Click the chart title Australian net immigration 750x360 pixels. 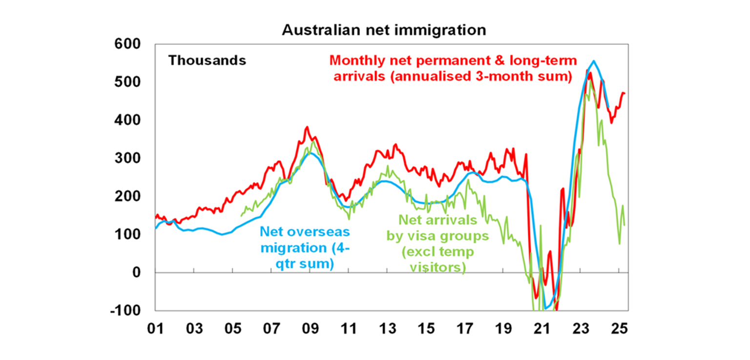[x=384, y=30]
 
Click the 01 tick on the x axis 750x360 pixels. [x=155, y=328]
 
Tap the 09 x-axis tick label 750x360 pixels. [x=310, y=328]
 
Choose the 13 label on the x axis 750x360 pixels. [x=387, y=328]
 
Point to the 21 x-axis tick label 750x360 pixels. [x=542, y=328]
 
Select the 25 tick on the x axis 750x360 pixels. [x=619, y=328]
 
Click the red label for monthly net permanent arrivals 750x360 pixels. [x=453, y=69]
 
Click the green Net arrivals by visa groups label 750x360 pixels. [x=437, y=243]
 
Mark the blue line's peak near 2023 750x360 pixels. [x=593, y=61]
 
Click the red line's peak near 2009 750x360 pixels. [x=307, y=127]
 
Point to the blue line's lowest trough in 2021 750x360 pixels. [x=546, y=309]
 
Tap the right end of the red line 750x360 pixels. [x=625, y=93]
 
